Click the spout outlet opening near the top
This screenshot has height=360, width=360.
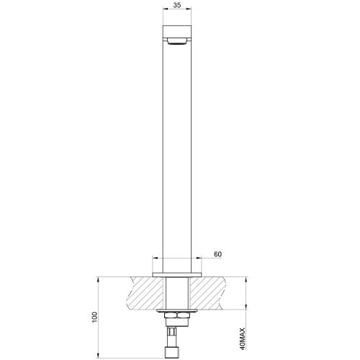click(176, 42)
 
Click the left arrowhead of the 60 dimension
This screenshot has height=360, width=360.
click(156, 261)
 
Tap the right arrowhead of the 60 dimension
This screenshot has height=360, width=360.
click(198, 261)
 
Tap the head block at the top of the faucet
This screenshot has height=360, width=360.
click(176, 32)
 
